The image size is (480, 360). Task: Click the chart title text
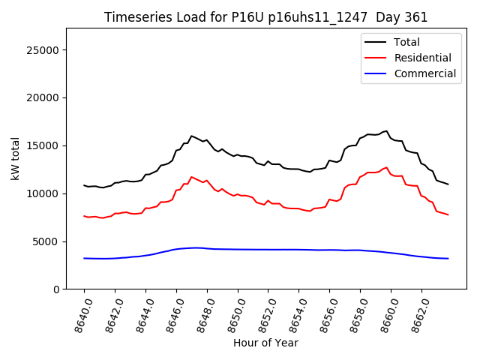265,17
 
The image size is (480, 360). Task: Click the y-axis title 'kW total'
15,158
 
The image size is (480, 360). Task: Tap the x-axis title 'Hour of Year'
265,343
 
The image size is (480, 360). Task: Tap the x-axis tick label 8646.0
169,312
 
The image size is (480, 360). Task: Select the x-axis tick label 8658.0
353,312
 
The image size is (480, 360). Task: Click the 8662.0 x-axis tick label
415,312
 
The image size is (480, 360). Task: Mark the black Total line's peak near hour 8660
387,131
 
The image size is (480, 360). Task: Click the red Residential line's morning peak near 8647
191,177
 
